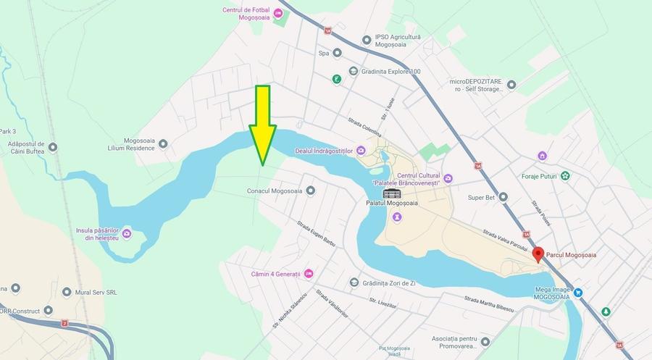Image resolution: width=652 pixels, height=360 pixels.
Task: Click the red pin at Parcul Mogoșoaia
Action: point(538,254)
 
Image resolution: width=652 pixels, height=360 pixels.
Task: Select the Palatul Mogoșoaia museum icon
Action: point(391,193)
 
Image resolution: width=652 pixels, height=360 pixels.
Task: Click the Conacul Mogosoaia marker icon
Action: point(311,191)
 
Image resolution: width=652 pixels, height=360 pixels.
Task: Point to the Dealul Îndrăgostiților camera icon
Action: point(361,150)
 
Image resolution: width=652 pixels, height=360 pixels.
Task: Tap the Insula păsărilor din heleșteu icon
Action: point(127,233)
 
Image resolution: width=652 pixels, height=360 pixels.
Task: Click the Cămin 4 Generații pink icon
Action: point(309,274)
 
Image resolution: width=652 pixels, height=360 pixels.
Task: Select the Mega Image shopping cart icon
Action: point(578,293)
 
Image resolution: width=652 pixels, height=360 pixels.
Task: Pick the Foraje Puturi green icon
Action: point(565,175)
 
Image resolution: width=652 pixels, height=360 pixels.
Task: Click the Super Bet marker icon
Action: point(503,196)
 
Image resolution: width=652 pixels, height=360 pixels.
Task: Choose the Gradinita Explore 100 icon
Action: point(353,71)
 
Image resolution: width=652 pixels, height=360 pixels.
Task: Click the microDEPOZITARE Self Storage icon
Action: point(511,85)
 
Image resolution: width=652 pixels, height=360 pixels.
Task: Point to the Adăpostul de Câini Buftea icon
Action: point(52,147)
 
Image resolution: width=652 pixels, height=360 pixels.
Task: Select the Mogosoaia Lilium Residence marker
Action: point(163,143)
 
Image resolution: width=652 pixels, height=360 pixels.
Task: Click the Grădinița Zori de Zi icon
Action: point(354,282)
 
